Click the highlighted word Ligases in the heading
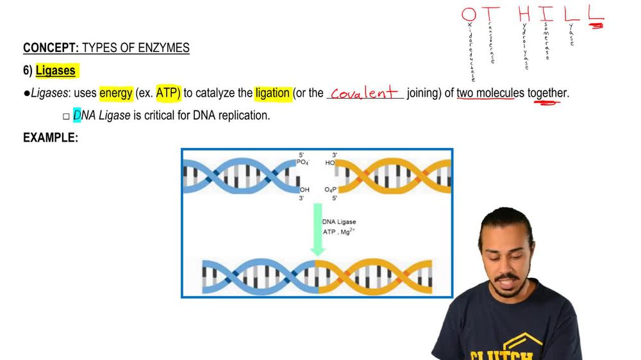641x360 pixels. click(x=56, y=70)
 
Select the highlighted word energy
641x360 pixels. click(x=115, y=93)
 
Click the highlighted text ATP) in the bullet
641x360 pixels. click(x=169, y=93)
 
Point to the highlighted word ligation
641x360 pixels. click(x=272, y=93)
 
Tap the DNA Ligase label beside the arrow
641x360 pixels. click(x=339, y=222)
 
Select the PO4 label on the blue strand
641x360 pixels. click(x=303, y=163)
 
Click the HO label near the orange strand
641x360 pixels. click(x=330, y=163)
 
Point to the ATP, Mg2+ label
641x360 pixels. click(x=338, y=231)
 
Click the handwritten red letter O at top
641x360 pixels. click(x=469, y=14)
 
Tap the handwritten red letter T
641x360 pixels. click(x=493, y=14)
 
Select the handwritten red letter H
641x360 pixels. click(x=524, y=14)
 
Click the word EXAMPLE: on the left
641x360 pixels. click(x=51, y=137)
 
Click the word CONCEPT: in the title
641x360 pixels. click(x=51, y=48)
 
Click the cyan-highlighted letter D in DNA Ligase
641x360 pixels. click(x=77, y=116)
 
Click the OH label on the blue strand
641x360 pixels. click(x=304, y=190)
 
